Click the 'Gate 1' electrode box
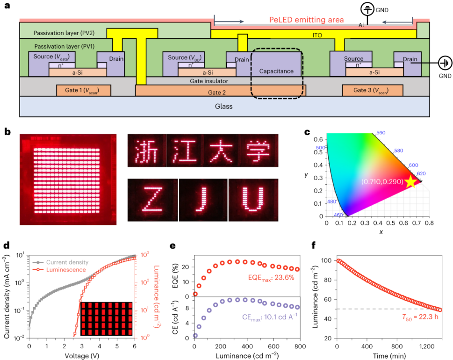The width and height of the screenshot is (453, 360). click(x=84, y=90)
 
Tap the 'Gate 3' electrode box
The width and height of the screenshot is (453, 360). click(x=372, y=90)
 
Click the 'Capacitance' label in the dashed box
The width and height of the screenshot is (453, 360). click(x=276, y=72)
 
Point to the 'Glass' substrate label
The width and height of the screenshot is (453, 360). click(x=223, y=107)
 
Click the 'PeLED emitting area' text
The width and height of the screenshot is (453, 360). click(x=307, y=20)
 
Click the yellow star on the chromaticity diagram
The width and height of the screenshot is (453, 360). click(x=410, y=182)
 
